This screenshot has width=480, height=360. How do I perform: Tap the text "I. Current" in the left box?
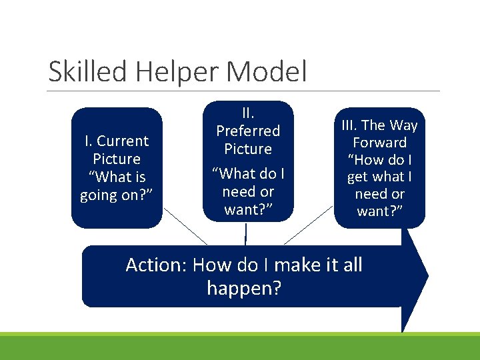tap(117, 141)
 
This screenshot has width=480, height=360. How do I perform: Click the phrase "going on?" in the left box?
tap(117, 195)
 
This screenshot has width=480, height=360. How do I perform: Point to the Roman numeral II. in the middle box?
tap(248, 113)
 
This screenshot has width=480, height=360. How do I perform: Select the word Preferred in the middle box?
tap(248, 131)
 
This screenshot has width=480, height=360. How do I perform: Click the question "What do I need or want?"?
tap(248, 192)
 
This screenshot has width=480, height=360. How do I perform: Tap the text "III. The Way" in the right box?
tap(380, 125)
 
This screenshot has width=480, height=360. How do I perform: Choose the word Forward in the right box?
tap(380, 142)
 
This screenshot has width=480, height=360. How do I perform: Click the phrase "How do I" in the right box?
tap(380, 159)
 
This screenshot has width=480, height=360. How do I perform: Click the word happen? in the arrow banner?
tap(244, 289)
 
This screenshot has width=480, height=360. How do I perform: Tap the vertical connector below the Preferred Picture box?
tap(246, 234)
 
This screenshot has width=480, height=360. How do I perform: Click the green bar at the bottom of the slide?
tap(240, 347)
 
